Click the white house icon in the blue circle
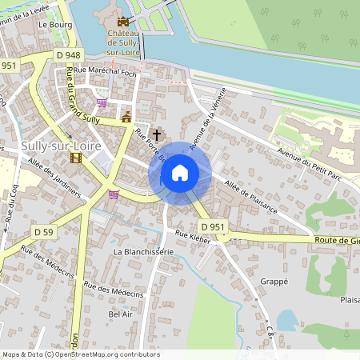(180, 173)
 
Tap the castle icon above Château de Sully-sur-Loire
(122, 22)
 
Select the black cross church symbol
(157, 134)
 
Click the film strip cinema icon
(76, 157)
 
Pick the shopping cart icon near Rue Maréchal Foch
(102, 102)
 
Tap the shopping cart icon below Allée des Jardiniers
(114, 194)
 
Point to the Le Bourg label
(55, 25)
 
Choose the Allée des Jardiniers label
(54, 178)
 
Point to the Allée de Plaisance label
(251, 197)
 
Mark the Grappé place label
(274, 282)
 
